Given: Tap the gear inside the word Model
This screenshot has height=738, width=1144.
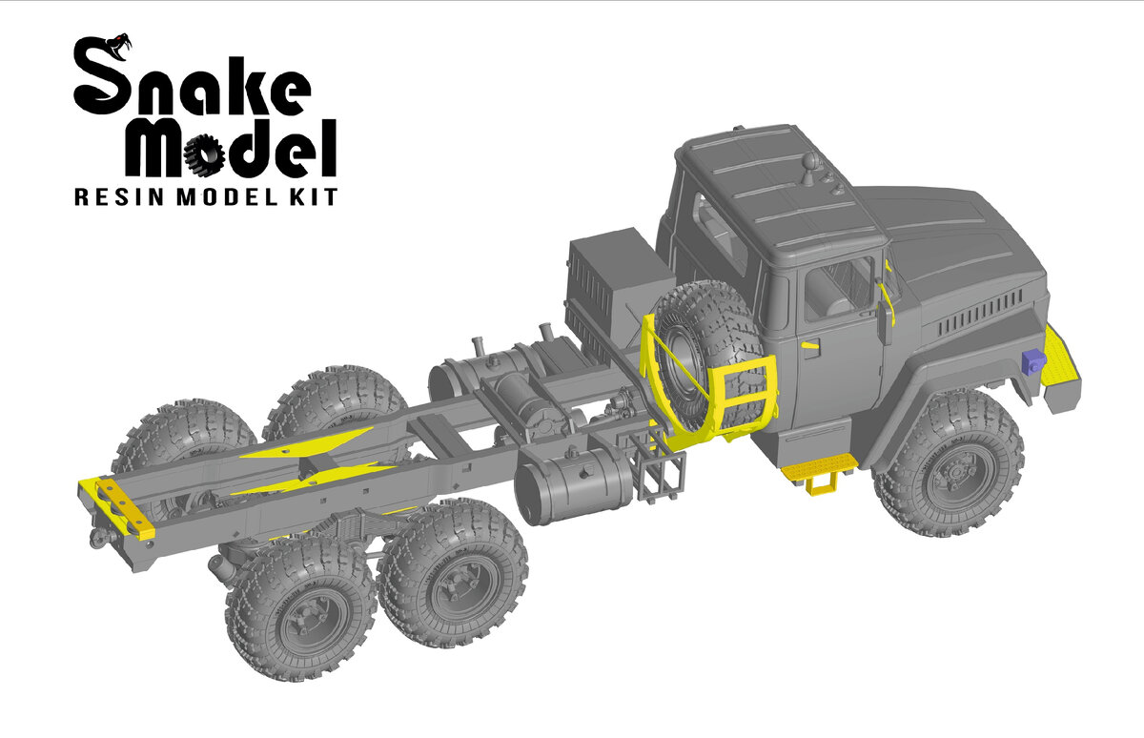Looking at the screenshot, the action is click(204, 154).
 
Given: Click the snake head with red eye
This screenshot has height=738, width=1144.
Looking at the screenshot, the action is click(119, 46).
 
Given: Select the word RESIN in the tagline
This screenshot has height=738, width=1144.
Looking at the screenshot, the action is click(119, 197).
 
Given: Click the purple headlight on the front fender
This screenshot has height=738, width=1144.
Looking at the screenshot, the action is click(1033, 361).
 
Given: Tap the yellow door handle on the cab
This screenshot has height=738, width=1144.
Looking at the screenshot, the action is click(810, 345).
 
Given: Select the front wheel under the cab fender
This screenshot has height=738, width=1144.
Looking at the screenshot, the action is click(949, 463).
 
